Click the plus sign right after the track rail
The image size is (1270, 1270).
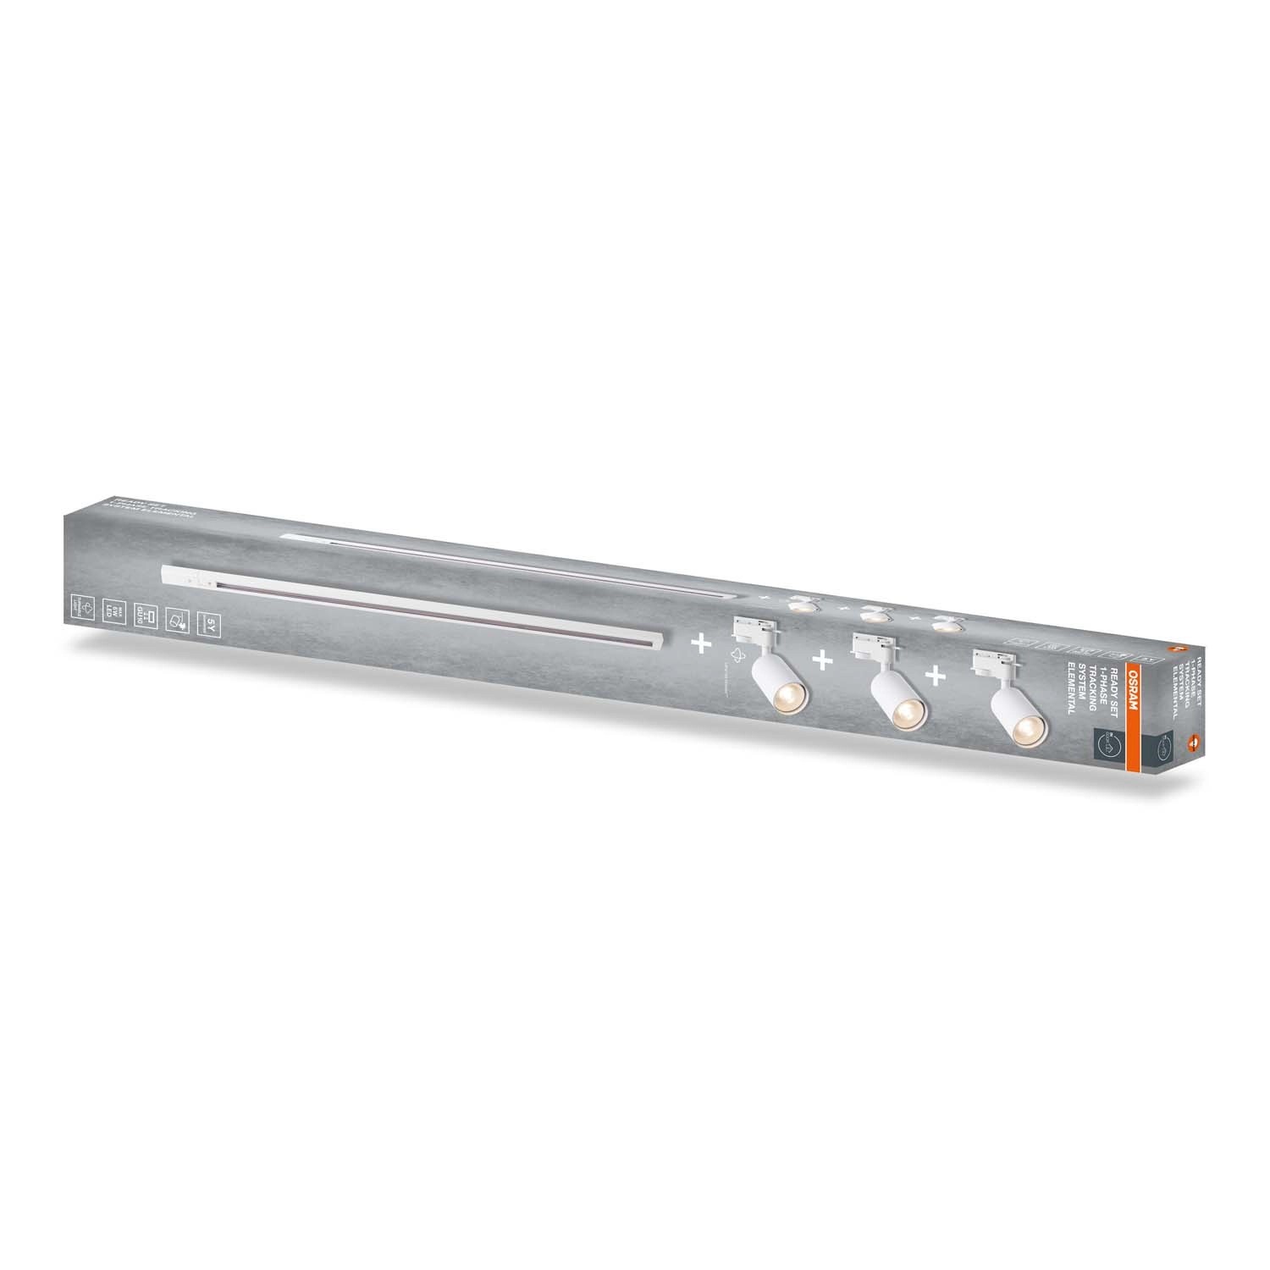click(701, 644)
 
